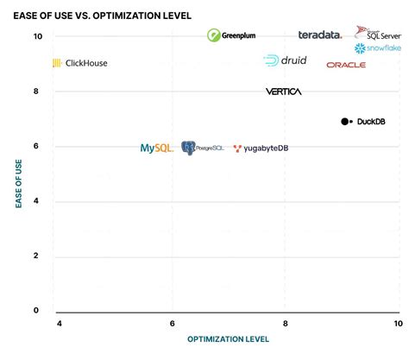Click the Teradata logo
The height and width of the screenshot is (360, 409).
pyautogui.click(x=320, y=35)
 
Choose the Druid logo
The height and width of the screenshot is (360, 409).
pyautogui.click(x=285, y=60)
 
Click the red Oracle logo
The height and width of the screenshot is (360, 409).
pyautogui.click(x=346, y=65)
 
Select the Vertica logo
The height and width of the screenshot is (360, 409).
pyautogui.click(x=283, y=92)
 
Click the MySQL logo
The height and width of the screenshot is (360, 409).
pyautogui.click(x=157, y=148)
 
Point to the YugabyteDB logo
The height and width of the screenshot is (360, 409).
pyautogui.click(x=261, y=148)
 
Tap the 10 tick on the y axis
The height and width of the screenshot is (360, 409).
pyautogui.click(x=37, y=36)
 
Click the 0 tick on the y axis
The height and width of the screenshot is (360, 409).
pyautogui.click(x=37, y=310)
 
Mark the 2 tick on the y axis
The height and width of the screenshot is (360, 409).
pyautogui.click(x=37, y=256)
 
